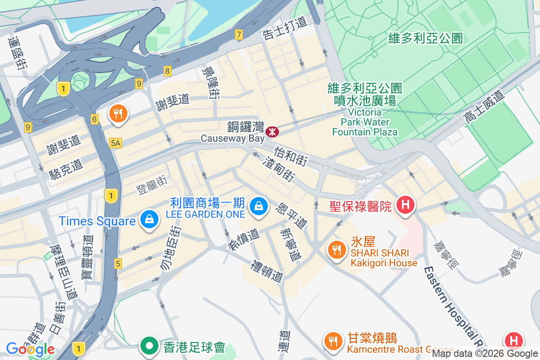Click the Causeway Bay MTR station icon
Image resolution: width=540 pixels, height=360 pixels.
pos(272,131)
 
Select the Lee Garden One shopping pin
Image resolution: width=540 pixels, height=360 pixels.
pos(259,206)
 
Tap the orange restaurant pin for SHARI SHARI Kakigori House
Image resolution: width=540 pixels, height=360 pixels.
pos(336,249)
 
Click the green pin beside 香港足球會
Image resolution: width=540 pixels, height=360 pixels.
pos(149,346)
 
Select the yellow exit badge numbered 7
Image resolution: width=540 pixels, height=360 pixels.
pos(238,34)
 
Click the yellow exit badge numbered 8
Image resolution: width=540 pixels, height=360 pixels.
pos(167,71)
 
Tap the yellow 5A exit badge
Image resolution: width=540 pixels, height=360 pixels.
pos(115,143)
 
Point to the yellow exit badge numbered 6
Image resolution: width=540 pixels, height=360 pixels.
pos(94,119)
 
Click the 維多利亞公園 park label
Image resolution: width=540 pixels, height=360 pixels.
pos(425,38)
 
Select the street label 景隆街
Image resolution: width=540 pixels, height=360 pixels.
pos(211,82)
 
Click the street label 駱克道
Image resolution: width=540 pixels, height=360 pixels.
pos(66,170)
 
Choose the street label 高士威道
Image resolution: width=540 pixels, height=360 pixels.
pos(484,107)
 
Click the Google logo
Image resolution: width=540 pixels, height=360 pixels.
pos(30,349)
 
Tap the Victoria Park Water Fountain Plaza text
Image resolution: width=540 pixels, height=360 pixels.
pos(365,122)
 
